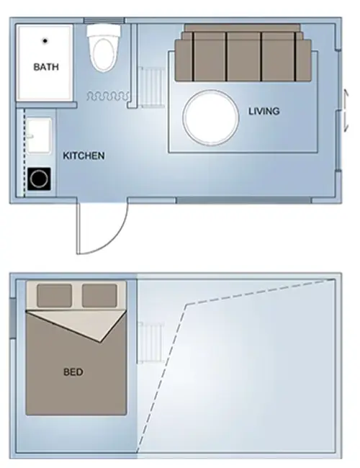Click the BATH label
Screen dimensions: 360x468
(x=46, y=66)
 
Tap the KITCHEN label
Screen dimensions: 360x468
(x=84, y=156)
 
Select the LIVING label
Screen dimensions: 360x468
(x=264, y=111)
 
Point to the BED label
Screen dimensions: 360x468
(x=73, y=372)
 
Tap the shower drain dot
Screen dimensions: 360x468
(x=45, y=40)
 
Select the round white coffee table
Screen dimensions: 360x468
(x=211, y=117)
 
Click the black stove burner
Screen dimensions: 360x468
(x=39, y=179)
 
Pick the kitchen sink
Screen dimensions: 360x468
(x=39, y=136)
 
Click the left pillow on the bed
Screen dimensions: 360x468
(x=54, y=295)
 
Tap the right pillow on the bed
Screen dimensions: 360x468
(x=99, y=295)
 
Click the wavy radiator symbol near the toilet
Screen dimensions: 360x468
(x=108, y=96)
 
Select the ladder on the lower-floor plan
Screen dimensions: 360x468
(x=151, y=87)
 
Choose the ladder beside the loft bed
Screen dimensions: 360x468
(x=150, y=343)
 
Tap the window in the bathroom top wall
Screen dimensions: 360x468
(x=104, y=20)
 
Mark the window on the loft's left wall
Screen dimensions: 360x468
(x=12, y=318)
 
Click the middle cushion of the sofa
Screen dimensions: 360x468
(x=243, y=56)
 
